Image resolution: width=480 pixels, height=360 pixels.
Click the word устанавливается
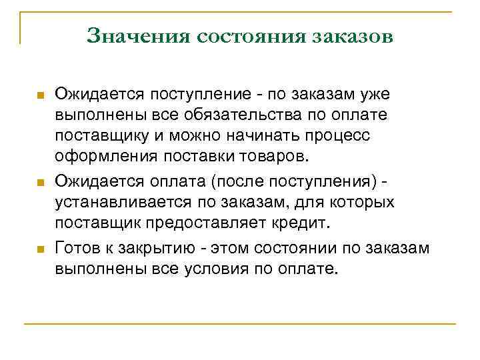point(124,202)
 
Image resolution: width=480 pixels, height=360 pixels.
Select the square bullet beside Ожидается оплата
point(40,182)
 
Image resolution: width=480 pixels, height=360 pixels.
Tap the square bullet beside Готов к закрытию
point(40,249)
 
